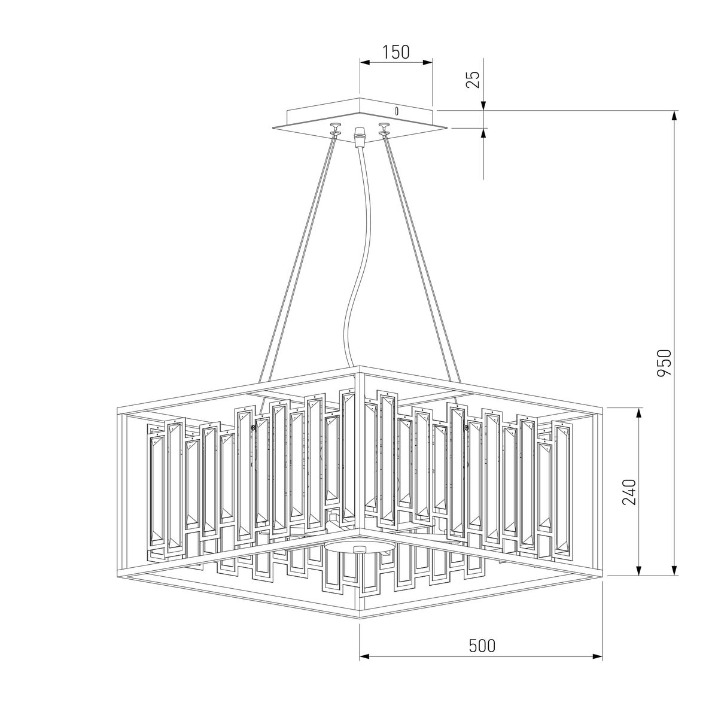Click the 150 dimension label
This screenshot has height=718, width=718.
[x=396, y=52]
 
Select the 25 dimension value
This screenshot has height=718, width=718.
[x=473, y=79]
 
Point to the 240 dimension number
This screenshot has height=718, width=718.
[x=629, y=492]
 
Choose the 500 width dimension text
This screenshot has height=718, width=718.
[x=482, y=646]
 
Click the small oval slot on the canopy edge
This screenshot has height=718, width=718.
[x=396, y=110]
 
